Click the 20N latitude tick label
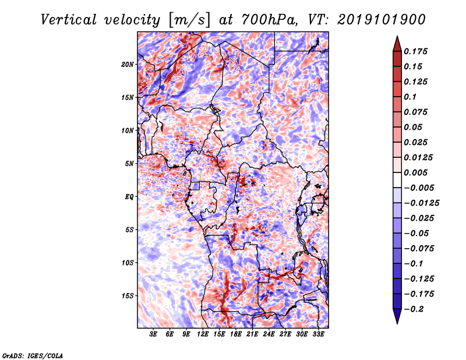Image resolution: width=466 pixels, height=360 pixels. (128, 65)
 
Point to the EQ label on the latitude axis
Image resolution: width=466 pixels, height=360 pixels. (129, 197)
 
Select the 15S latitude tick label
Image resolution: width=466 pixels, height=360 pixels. (128, 296)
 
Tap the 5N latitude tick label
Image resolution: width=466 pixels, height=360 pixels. (129, 164)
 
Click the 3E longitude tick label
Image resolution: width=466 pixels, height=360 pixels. (153, 334)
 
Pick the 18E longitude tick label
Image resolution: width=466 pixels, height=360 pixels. (236, 334)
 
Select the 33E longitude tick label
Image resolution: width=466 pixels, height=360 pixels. (318, 334)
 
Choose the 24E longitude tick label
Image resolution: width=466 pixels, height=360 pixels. (269, 334)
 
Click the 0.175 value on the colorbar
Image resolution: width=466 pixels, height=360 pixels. (415, 51)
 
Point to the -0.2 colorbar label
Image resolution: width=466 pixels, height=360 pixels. (414, 309)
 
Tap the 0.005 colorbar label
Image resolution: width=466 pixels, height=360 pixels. (415, 172)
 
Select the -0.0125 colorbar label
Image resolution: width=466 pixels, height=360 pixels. (421, 203)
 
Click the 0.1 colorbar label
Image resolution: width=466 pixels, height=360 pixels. (410, 97)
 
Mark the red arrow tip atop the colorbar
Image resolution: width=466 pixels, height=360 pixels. (397, 36)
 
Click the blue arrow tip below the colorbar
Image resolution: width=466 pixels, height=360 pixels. (397, 323)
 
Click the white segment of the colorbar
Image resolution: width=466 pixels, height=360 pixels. (397, 180)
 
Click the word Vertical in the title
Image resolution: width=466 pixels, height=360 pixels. (69, 20)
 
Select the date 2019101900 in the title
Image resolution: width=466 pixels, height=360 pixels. (382, 20)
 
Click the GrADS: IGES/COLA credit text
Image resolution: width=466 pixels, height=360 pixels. (33, 355)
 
